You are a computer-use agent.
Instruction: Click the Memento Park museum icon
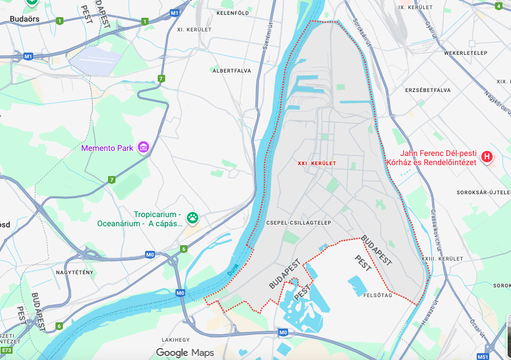click(x=143, y=148)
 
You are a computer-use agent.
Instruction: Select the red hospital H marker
click(x=487, y=156)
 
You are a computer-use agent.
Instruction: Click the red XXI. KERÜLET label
click(x=317, y=163)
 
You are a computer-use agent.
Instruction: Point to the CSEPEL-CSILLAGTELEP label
click(x=298, y=222)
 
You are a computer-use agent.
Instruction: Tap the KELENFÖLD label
click(x=233, y=13)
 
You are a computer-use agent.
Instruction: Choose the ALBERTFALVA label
click(x=231, y=71)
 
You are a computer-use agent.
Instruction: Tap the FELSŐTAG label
click(x=377, y=295)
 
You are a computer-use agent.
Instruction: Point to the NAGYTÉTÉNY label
click(x=74, y=272)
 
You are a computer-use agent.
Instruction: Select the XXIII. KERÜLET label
click(x=442, y=259)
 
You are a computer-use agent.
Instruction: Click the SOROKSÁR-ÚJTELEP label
click(x=483, y=193)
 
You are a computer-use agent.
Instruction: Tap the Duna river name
click(x=233, y=273)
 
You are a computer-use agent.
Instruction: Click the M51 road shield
click(x=482, y=356)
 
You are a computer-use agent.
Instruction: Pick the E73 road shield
click(x=6, y=350)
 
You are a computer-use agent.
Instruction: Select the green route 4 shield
click(x=498, y=6)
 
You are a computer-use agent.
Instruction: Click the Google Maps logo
click(x=185, y=353)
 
